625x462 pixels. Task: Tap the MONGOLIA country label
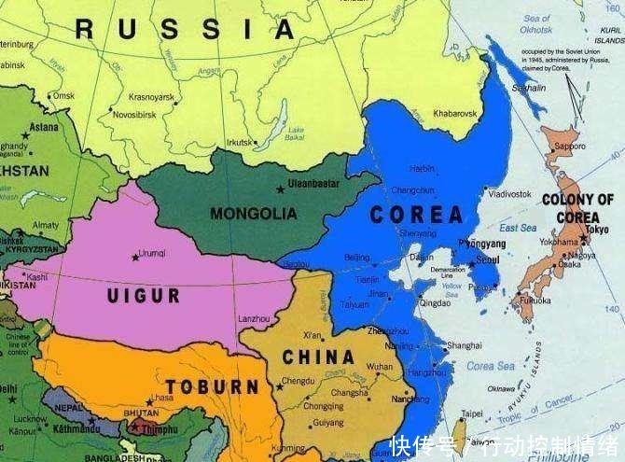point(253,214)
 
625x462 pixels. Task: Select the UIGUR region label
point(143,296)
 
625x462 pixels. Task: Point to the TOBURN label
point(213,386)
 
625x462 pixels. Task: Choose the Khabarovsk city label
point(454,114)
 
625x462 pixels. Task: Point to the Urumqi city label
point(151,253)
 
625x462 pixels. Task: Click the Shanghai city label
point(464,345)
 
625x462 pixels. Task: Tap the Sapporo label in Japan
point(570,147)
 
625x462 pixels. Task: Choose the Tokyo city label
point(598,230)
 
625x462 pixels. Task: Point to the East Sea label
point(518,228)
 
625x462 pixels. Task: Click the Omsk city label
point(63,95)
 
